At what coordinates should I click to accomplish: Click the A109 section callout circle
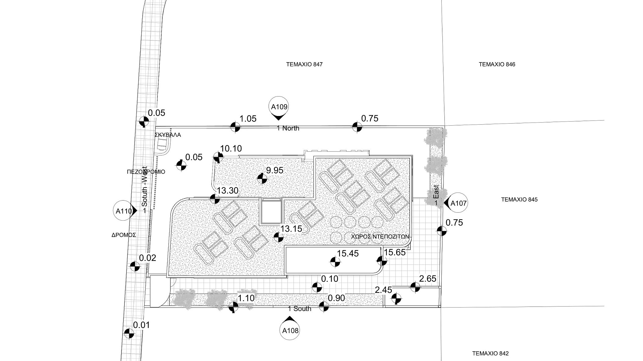(279, 107)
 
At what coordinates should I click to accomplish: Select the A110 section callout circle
(124, 211)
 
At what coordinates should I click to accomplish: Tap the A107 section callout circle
(458, 203)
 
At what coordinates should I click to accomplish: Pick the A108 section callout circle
(290, 331)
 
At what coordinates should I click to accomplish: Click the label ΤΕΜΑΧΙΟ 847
(304, 64)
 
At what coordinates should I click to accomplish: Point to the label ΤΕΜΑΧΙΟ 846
(497, 64)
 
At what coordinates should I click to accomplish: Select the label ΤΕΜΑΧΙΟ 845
(519, 200)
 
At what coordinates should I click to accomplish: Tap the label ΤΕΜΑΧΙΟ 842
(490, 354)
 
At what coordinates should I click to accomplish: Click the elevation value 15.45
(348, 254)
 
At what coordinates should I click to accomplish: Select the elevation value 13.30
(228, 191)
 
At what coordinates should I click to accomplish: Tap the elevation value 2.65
(428, 279)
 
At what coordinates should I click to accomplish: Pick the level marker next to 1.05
(235, 127)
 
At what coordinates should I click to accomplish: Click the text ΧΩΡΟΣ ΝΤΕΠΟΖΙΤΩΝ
(380, 237)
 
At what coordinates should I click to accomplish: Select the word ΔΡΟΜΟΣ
(124, 235)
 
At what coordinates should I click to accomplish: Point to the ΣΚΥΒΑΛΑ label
(168, 135)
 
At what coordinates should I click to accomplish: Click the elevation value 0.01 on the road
(142, 325)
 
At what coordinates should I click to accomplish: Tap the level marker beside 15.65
(382, 261)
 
